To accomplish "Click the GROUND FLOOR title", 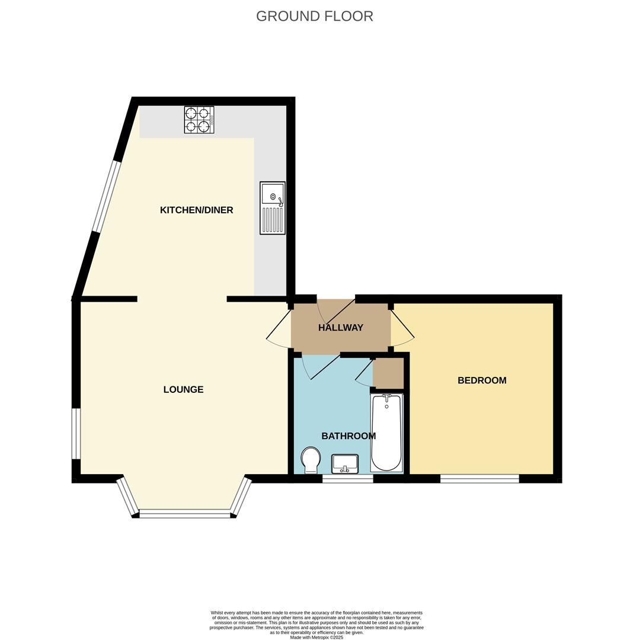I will (314, 16).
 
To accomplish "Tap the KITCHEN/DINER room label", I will (196, 210).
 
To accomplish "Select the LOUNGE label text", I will (183, 389).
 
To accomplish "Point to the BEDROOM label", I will (482, 380).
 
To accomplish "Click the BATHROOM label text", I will (349, 436).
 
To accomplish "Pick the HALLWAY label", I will (340, 328).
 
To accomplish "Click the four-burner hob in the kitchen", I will (199, 120).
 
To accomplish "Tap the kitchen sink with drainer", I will (273, 207).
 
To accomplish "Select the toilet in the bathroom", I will (311, 460).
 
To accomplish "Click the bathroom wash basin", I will (344, 463).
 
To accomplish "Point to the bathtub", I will (386, 433).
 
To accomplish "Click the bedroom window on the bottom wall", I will (479, 479).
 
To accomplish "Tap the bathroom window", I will (347, 479).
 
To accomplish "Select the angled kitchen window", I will (106, 196).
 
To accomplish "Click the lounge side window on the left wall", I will (76, 433).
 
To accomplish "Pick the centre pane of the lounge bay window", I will (184, 514).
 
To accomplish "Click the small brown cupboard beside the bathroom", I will (388, 373).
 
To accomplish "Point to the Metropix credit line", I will (316, 637).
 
